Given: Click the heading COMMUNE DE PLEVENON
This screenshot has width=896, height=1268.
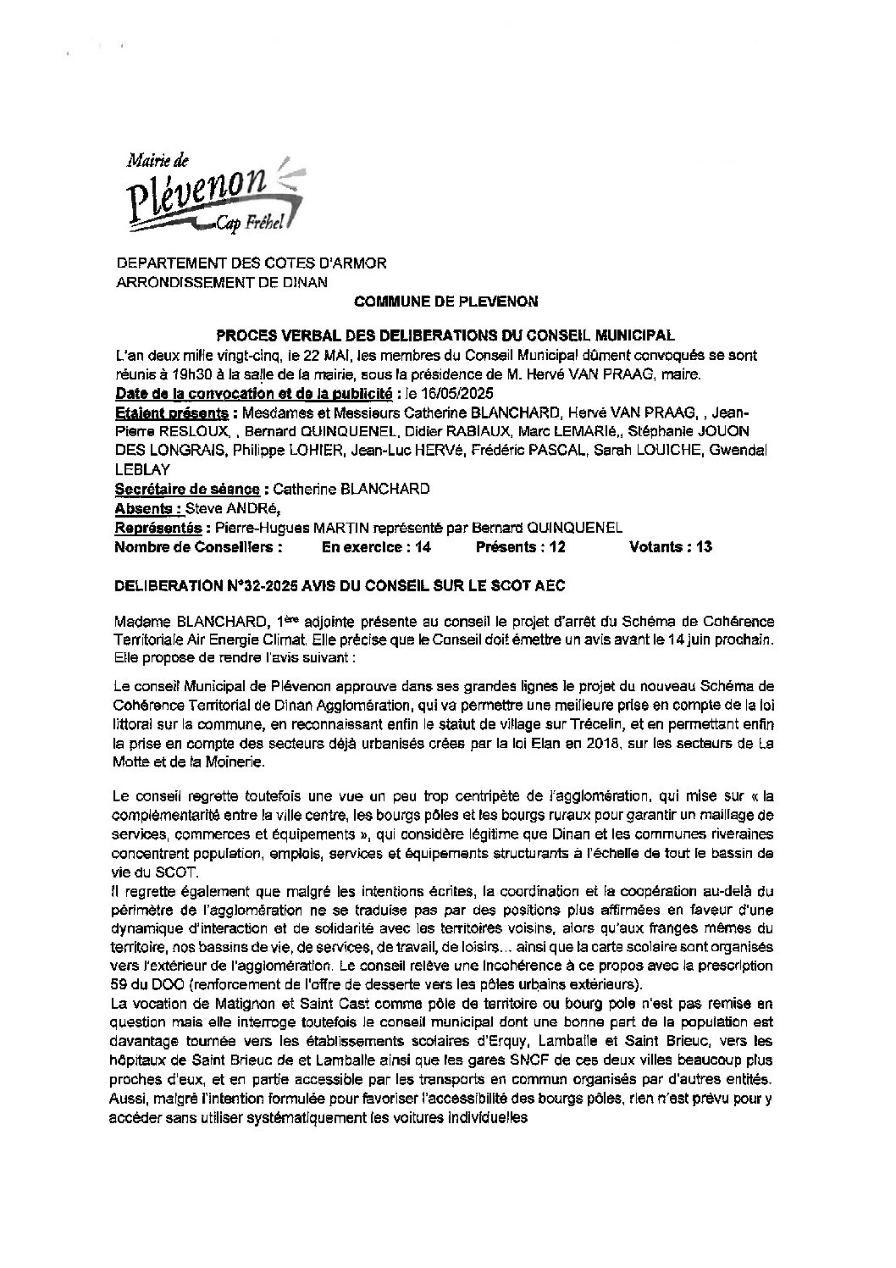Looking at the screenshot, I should [x=445, y=302].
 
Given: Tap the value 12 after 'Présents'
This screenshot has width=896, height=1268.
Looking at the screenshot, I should [x=556, y=547].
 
